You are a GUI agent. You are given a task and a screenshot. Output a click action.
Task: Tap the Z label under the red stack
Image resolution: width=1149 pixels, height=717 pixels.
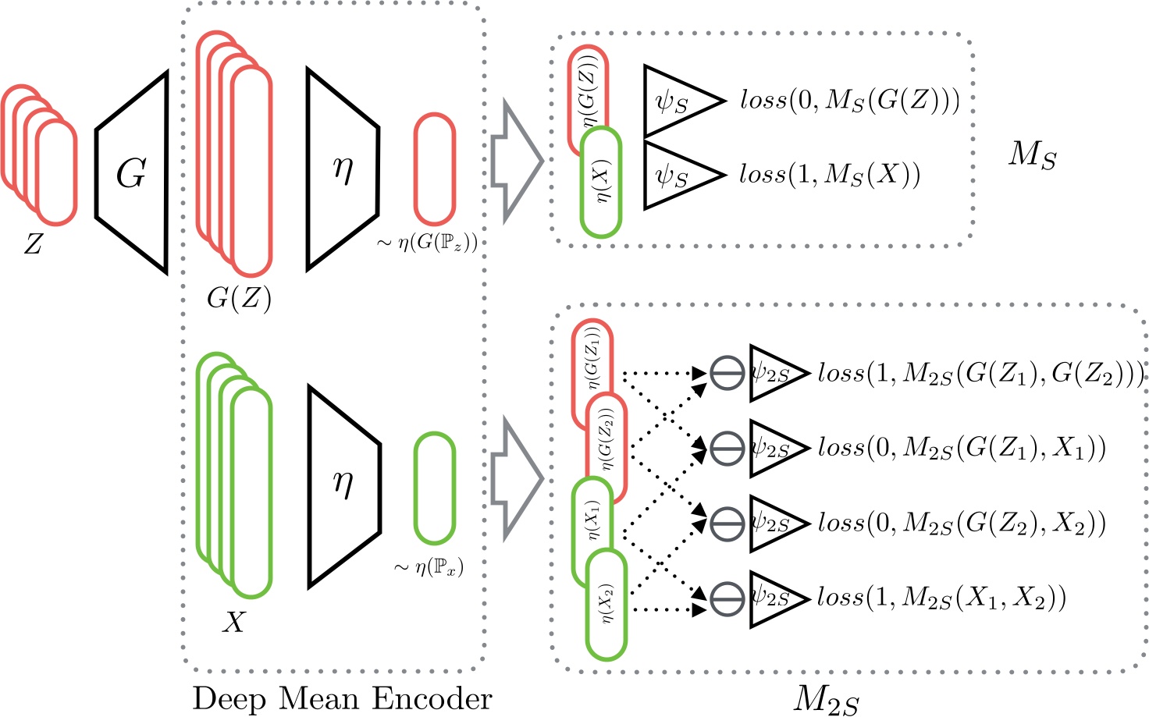33,245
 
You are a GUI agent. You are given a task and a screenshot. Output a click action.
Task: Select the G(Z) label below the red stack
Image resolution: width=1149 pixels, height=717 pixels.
239,298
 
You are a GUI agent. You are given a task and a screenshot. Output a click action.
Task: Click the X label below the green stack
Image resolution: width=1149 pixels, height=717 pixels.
234,622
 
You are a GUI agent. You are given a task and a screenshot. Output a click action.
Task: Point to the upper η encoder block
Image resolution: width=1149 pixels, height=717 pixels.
343,169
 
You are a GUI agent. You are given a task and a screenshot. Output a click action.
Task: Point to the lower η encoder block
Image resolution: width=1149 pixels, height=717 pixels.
343,485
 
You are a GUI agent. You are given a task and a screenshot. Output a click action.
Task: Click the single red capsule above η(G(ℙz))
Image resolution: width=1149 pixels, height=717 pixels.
434,169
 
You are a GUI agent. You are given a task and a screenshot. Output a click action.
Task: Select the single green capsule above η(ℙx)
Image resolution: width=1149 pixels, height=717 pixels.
434,488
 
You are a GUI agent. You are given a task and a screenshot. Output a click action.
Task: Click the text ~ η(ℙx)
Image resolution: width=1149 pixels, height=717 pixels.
429,567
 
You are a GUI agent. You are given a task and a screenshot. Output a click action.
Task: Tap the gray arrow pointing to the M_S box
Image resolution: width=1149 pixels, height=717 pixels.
516,161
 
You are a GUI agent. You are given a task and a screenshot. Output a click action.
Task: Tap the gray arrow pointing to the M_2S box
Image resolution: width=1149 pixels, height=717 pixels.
516,478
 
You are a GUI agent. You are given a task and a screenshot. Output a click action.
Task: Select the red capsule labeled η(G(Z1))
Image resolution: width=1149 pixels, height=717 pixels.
592,367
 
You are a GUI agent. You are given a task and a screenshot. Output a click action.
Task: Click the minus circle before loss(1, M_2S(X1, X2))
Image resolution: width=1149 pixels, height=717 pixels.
727,598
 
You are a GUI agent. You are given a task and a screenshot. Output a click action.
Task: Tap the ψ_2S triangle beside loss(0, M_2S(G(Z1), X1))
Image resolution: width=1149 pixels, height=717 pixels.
776,448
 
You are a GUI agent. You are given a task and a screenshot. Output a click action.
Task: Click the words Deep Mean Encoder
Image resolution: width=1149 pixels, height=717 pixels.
342,698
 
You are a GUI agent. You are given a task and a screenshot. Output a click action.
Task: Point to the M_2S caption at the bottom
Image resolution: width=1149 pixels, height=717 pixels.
826,698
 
